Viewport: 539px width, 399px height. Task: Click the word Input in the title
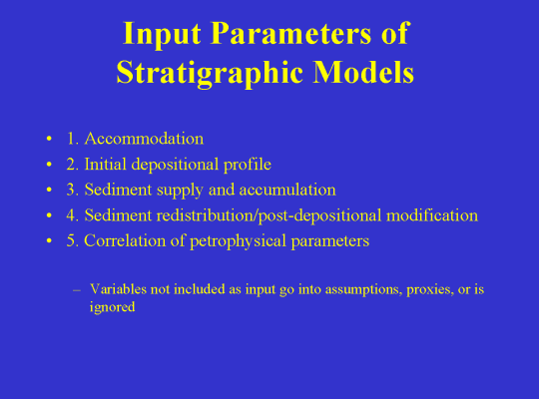click(162, 35)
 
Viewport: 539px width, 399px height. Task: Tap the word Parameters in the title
click(290, 33)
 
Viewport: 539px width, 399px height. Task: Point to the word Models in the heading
click(363, 72)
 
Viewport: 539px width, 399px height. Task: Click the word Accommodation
click(144, 139)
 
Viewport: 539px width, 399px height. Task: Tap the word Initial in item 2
click(105, 164)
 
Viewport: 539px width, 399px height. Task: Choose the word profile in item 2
click(248, 165)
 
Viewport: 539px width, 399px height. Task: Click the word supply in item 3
click(180, 191)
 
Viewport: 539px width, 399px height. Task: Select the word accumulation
click(287, 190)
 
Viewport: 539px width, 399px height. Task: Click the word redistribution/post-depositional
click(269, 216)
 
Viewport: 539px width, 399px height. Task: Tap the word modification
click(432, 215)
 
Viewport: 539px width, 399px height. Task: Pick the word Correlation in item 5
click(125, 240)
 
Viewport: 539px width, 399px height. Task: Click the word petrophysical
click(238, 241)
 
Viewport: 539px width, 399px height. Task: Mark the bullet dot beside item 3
click(49, 190)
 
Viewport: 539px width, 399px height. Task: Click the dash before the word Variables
click(77, 290)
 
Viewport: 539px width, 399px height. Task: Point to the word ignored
click(112, 307)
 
